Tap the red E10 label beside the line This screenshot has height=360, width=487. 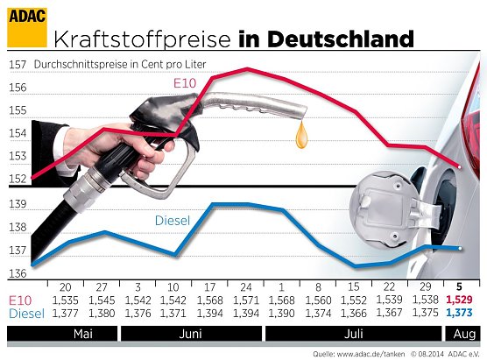pos(182,83)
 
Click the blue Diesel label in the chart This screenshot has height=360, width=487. pos(173,221)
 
